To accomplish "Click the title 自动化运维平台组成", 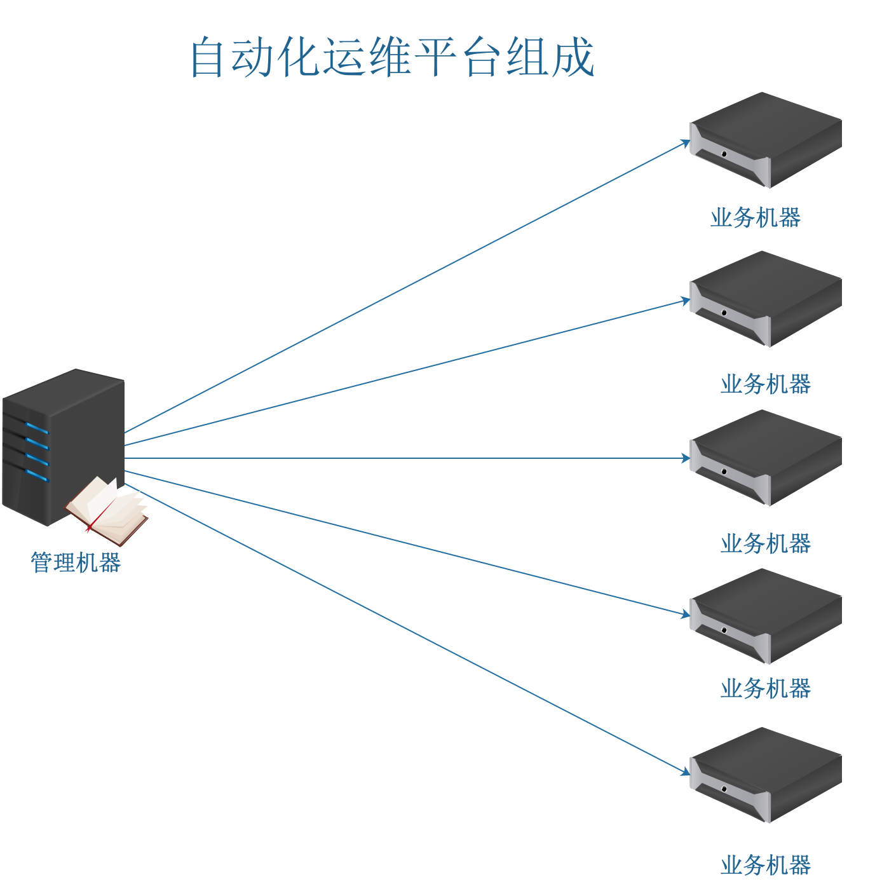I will [392, 57].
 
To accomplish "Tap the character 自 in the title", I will [210, 57].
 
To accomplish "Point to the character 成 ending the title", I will [574, 57].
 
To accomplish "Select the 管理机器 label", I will [76, 562].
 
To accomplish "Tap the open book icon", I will [108, 510].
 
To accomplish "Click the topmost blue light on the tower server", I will [36, 428].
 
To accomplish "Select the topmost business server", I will [766, 140].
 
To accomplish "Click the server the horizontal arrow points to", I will [766, 458].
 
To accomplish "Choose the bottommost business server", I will [766, 775].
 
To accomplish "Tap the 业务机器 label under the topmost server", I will [755, 218].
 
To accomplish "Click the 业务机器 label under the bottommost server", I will [765, 865].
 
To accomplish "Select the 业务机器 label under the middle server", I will [765, 543].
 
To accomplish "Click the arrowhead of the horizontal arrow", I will [686, 458].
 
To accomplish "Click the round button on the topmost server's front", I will [724, 154].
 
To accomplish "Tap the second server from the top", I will [766, 299].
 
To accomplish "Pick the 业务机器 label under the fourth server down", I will [765, 688].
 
